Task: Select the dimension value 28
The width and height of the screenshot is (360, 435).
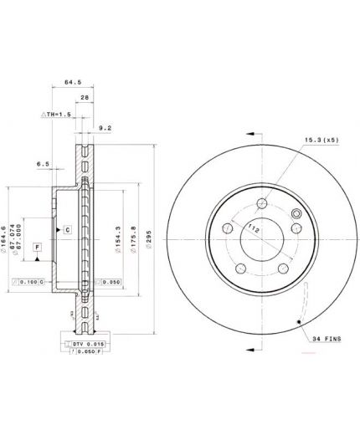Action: click(x=85, y=98)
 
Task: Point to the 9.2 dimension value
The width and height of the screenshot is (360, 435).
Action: click(x=105, y=128)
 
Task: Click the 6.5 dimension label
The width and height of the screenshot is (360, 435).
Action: click(x=44, y=165)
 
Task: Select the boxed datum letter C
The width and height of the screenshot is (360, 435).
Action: click(x=68, y=228)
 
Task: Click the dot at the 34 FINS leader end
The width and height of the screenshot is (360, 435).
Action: click(x=297, y=321)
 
